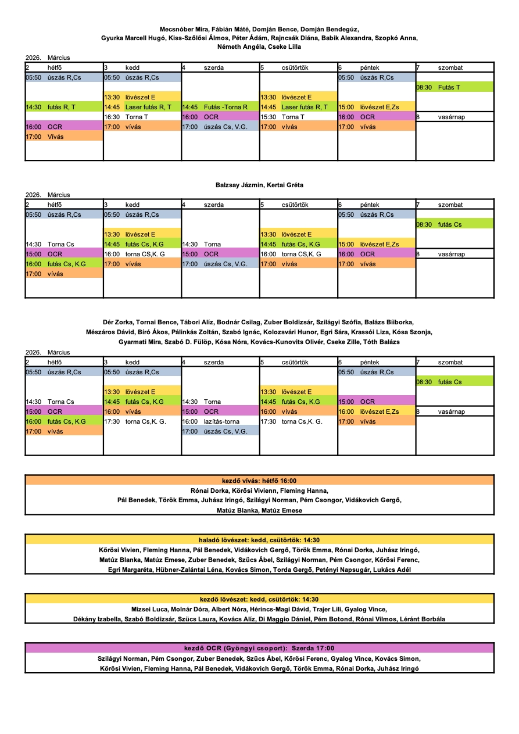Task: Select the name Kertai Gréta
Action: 285,185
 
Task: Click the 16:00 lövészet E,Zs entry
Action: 377,411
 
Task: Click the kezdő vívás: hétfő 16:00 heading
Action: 259,481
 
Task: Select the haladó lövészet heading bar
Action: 259,540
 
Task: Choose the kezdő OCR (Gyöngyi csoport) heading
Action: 259,648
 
